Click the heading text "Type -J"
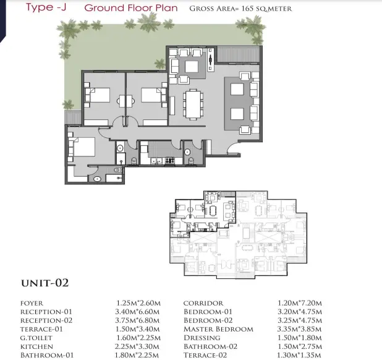46,7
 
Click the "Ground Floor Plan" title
131,8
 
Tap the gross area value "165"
247,9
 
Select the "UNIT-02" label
45,283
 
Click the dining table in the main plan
193,105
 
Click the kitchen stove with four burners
170,160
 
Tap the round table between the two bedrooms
125,101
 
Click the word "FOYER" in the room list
32,303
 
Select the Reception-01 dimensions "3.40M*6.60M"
137,312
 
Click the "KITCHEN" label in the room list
36,346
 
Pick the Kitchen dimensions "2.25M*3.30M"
137,346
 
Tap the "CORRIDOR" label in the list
203,303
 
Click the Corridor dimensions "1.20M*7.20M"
300,303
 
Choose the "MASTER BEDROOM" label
219,329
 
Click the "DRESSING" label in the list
202,338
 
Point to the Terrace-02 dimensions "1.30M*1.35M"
299,355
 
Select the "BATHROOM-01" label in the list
47,356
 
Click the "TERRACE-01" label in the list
41,329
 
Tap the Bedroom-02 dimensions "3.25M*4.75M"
300,320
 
